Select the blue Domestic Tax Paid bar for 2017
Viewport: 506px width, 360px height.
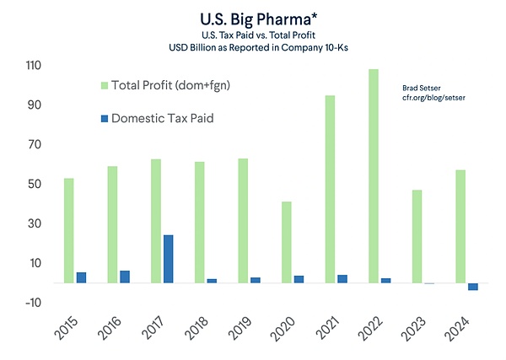(169, 259)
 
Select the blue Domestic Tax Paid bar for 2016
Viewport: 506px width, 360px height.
(125, 277)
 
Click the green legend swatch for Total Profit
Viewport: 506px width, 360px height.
(104, 84)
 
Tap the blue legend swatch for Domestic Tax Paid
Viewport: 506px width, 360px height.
(104, 119)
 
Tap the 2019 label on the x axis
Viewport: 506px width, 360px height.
(243, 325)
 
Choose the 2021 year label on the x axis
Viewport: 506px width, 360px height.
(331, 325)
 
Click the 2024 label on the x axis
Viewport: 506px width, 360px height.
(461, 325)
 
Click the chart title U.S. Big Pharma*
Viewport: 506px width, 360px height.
(252, 17)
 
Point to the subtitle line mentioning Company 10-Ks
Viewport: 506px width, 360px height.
(252, 48)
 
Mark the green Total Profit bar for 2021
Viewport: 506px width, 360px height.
(330, 189)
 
